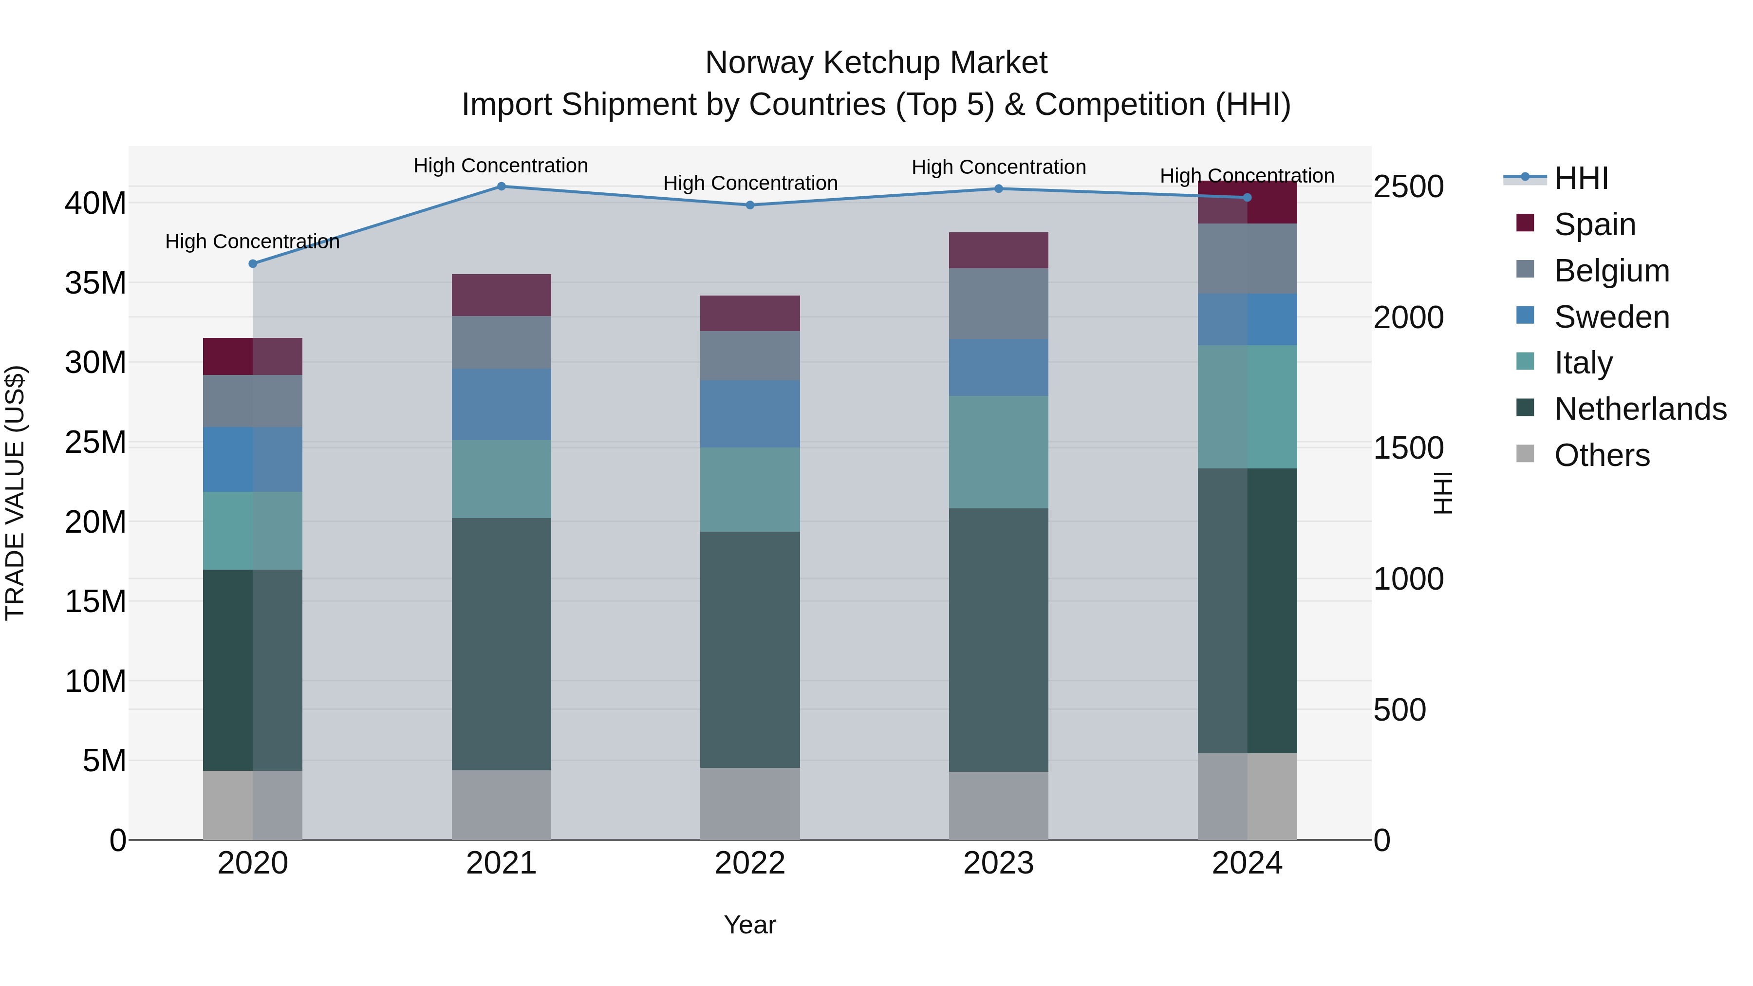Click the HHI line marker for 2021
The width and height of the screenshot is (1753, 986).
[501, 186]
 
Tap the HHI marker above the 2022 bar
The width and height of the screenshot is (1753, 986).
[750, 205]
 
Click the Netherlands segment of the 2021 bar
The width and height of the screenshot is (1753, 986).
[501, 644]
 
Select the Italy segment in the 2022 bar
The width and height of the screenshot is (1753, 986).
[750, 490]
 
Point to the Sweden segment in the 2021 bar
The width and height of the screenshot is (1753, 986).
[501, 405]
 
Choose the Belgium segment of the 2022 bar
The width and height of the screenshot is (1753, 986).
[750, 356]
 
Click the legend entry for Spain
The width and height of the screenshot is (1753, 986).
[1594, 224]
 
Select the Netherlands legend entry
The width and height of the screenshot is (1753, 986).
[1640, 409]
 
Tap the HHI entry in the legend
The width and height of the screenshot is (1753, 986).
[1581, 178]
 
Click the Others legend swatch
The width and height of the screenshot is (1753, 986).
[1525, 454]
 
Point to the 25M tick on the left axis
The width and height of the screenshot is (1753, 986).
[95, 442]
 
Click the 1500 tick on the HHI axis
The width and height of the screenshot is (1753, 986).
[1408, 448]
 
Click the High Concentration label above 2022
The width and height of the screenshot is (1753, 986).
[750, 183]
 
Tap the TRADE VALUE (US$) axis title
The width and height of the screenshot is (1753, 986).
[15, 493]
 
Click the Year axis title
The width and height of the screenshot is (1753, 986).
[750, 925]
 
